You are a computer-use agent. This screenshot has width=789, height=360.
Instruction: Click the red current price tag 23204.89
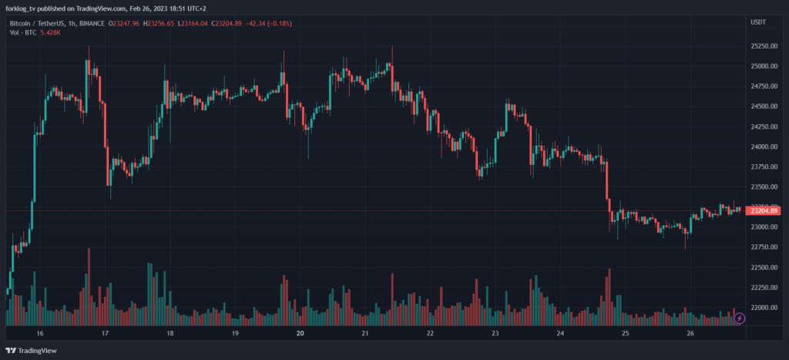point(764,210)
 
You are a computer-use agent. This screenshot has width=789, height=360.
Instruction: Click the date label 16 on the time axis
point(40,334)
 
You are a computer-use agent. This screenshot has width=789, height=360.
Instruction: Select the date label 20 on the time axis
point(300,334)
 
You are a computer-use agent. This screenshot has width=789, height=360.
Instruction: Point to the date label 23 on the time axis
point(496,334)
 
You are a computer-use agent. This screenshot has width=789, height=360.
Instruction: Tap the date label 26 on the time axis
point(691,334)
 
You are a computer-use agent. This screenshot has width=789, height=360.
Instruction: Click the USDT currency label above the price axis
point(758,22)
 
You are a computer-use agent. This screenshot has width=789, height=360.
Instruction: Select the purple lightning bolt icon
point(740,318)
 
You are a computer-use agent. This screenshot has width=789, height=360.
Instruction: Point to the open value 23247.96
point(126,24)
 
